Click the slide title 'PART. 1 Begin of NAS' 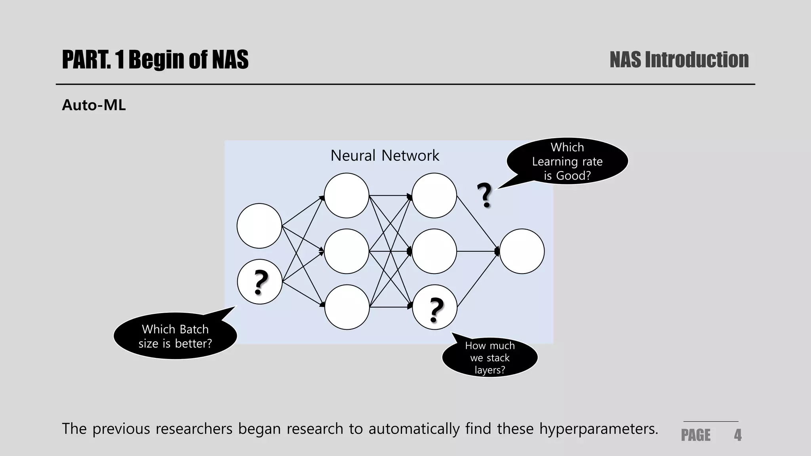(x=155, y=60)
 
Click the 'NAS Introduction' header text (x=679, y=60)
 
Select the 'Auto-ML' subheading (x=94, y=105)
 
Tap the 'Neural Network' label (x=385, y=156)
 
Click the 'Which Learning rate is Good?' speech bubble (x=567, y=161)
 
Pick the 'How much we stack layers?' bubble (x=489, y=357)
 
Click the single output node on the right (x=522, y=251)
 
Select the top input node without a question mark (x=259, y=226)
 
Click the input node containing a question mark (x=259, y=282)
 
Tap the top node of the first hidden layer (x=346, y=196)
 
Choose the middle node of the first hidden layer (x=346, y=251)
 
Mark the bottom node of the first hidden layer (x=346, y=307)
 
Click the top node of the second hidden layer (x=434, y=196)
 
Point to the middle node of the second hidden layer (x=434, y=251)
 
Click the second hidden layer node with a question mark (x=434, y=307)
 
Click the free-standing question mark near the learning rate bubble (x=484, y=196)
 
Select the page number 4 (x=737, y=435)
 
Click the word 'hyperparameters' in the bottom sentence (x=598, y=429)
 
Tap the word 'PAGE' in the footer (x=695, y=435)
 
